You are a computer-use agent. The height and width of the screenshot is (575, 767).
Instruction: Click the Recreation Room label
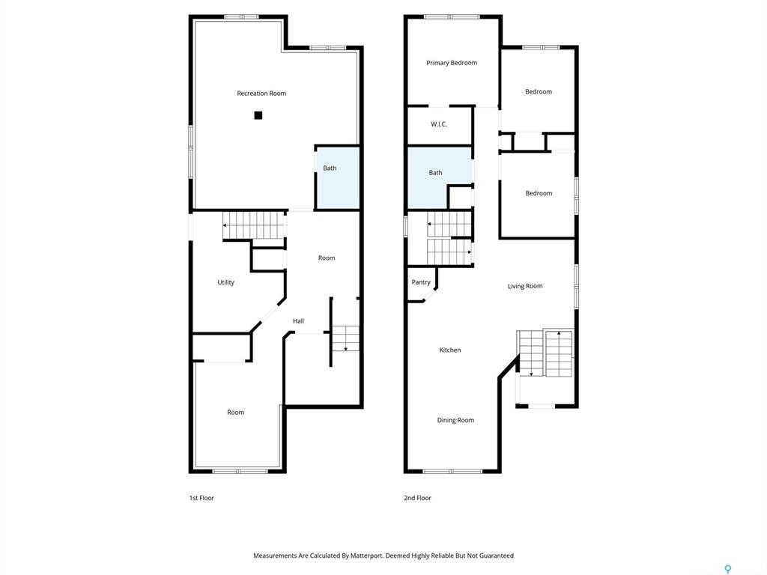261,94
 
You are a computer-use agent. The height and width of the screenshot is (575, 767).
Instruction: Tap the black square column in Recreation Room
258,115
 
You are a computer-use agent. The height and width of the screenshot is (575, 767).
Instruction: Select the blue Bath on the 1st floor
337,178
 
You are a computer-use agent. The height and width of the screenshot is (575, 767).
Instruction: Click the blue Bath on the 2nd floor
439,177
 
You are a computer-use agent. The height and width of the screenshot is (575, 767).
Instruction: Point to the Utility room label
225,282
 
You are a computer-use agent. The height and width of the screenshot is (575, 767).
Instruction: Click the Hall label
298,321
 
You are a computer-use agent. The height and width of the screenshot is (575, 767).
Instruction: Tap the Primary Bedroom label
452,63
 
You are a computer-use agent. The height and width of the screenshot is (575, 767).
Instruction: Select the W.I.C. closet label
439,124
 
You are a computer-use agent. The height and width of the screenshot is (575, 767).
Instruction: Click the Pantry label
421,282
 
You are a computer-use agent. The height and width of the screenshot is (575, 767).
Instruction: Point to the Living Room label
525,286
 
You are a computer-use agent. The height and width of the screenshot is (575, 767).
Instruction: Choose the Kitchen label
450,350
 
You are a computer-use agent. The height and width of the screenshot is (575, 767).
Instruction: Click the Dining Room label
455,420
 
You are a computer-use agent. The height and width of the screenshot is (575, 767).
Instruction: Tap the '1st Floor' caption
201,498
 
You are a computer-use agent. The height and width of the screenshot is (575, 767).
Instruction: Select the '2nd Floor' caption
417,498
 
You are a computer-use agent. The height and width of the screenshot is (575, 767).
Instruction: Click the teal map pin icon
727,569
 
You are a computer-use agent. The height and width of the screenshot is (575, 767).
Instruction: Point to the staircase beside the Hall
346,338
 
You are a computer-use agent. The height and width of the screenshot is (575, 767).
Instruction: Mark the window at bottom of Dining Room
452,471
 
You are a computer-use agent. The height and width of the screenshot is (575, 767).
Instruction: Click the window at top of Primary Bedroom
452,16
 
